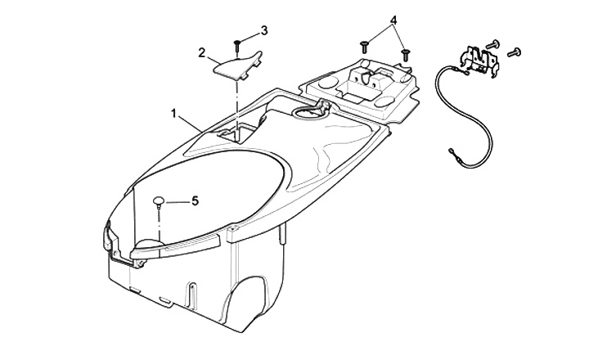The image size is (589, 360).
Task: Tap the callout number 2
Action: coord(201,53)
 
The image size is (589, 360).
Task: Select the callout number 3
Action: coord(264,31)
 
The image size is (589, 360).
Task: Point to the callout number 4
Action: coord(394,19)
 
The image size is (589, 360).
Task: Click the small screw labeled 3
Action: coord(236,41)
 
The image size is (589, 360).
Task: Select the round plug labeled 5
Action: coord(159,200)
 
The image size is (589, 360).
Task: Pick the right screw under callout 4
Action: coord(405,53)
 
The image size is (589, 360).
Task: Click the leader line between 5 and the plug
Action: coord(177,200)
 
